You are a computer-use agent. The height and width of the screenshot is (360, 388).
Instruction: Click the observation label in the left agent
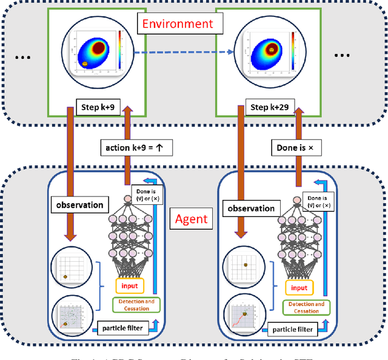(79, 205)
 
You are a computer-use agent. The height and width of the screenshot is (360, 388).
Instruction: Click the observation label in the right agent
(250, 208)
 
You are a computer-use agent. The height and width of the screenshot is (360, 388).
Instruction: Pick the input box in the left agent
(129, 285)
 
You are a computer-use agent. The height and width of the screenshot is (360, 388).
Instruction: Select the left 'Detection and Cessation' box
(133, 305)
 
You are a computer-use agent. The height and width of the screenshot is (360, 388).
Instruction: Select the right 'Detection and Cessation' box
(306, 307)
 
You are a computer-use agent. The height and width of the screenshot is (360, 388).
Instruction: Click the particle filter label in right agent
(293, 329)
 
